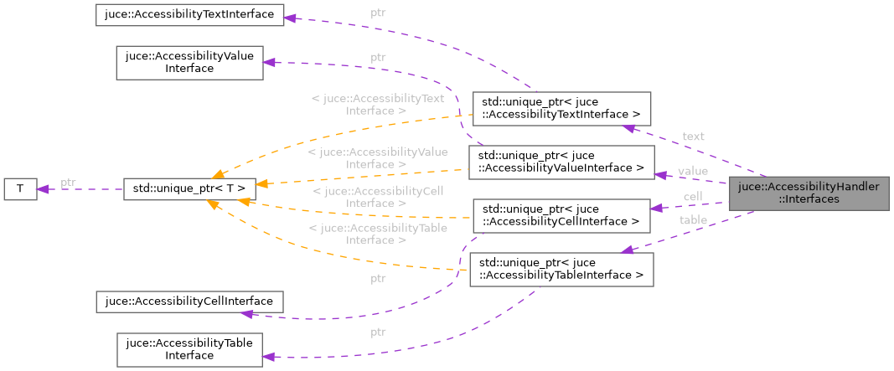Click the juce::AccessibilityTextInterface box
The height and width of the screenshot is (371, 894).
click(x=189, y=14)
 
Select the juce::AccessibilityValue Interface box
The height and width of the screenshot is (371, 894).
click(x=189, y=63)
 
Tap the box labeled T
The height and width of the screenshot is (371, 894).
click(x=19, y=189)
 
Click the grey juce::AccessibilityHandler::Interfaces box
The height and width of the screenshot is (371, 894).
click(x=809, y=194)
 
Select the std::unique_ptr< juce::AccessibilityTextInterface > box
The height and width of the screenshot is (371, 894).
click(x=561, y=107)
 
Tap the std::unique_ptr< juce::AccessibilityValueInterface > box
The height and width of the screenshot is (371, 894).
click(x=561, y=162)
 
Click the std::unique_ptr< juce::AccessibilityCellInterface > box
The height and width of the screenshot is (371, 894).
click(x=561, y=215)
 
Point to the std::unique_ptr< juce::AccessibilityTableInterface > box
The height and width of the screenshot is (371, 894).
click(x=557, y=269)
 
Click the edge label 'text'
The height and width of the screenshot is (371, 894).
click(x=693, y=137)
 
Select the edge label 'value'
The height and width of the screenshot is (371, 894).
click(x=693, y=171)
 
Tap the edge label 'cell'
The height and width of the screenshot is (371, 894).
click(x=693, y=197)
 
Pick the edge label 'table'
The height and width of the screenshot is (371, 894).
click(x=693, y=220)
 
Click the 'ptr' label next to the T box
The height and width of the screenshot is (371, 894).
click(x=68, y=183)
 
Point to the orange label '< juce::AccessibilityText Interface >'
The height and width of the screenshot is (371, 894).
click(x=376, y=105)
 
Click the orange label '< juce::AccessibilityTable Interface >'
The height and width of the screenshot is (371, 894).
click(x=376, y=234)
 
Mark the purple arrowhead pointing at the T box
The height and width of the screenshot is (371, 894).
click(x=41, y=189)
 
